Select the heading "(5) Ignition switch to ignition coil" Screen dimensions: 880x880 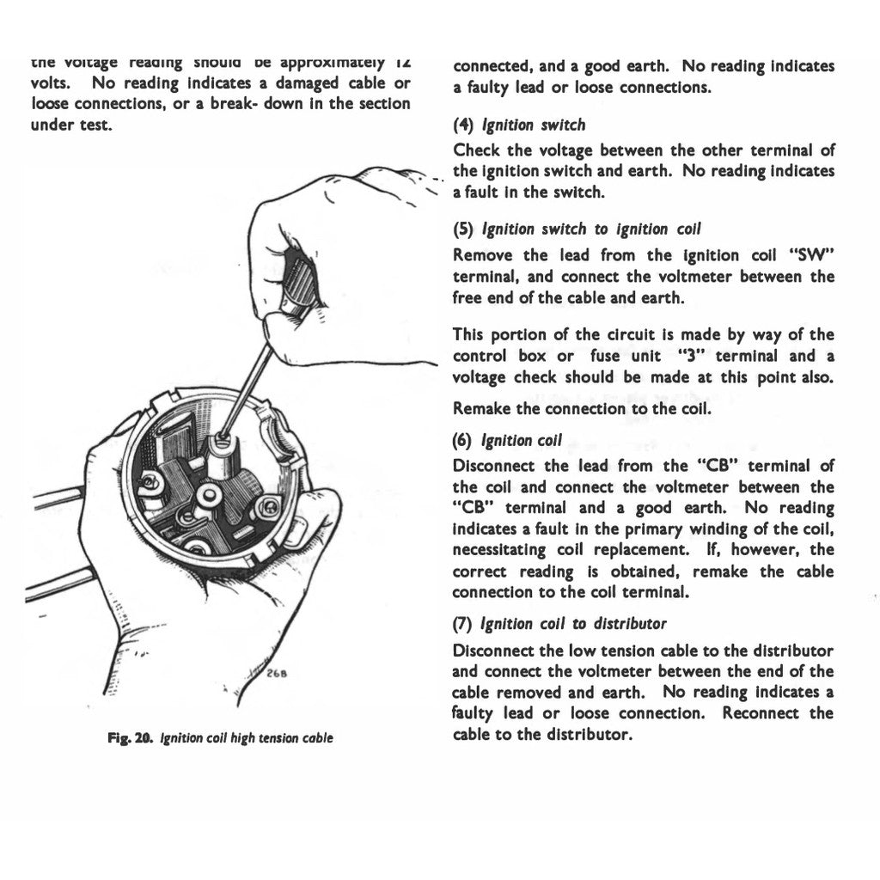tap(577, 229)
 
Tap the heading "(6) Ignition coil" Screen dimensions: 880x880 tap(507, 441)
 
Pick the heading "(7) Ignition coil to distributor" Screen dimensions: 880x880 tap(559, 624)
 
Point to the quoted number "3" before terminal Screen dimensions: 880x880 tap(685, 356)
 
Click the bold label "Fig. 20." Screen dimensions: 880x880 tap(130, 738)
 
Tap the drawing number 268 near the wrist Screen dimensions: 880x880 tap(276, 674)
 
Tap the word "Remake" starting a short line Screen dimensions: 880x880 tap(482, 409)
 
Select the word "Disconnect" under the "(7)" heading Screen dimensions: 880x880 tap(497, 651)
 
